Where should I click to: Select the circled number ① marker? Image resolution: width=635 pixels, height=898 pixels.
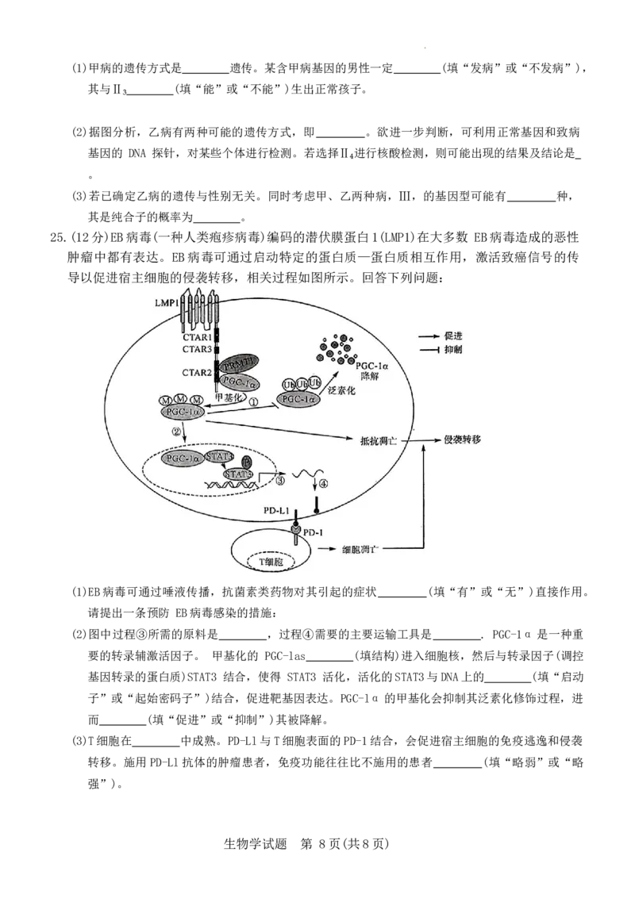tap(254, 402)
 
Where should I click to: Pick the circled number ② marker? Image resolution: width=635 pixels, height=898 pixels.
tap(177, 432)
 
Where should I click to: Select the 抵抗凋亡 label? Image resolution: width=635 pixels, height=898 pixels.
tap(379, 439)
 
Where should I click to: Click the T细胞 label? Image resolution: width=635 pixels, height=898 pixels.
tap(271, 561)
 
